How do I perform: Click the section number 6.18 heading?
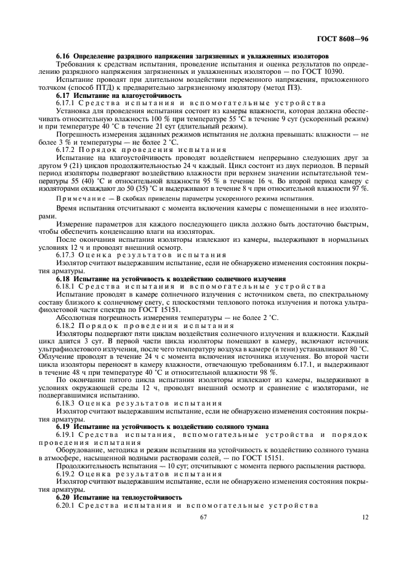[x=64, y=278]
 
